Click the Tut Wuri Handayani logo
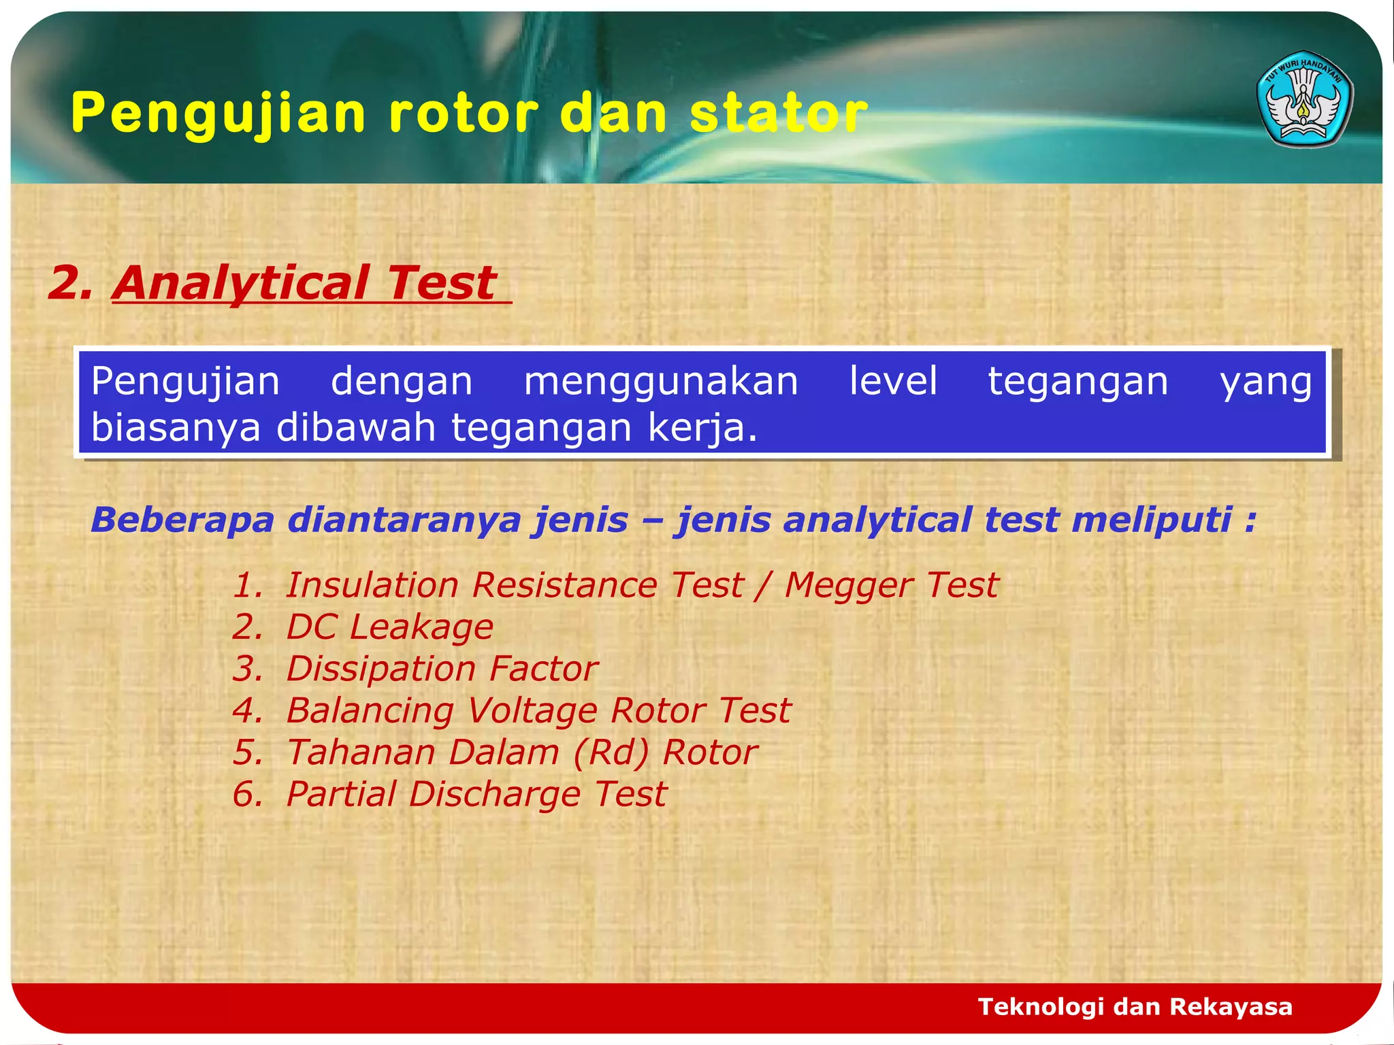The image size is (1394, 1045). pyautogui.click(x=1304, y=99)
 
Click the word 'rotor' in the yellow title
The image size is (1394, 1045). pyautogui.click(x=464, y=113)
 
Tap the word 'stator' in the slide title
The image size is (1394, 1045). pyautogui.click(x=779, y=113)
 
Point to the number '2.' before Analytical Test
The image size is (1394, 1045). pyautogui.click(x=69, y=283)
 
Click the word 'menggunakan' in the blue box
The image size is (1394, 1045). pyautogui.click(x=661, y=382)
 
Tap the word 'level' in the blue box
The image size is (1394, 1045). pyautogui.click(x=893, y=381)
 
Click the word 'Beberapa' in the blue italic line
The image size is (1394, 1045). pyautogui.click(x=182, y=520)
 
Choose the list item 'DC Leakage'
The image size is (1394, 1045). pyautogui.click(x=389, y=627)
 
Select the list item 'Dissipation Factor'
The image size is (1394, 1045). pyautogui.click(x=442, y=669)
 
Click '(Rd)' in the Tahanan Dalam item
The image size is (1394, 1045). pyautogui.click(x=611, y=752)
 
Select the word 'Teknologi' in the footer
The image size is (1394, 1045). pyautogui.click(x=1041, y=1007)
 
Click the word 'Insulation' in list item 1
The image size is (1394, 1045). pyautogui.click(x=372, y=586)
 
